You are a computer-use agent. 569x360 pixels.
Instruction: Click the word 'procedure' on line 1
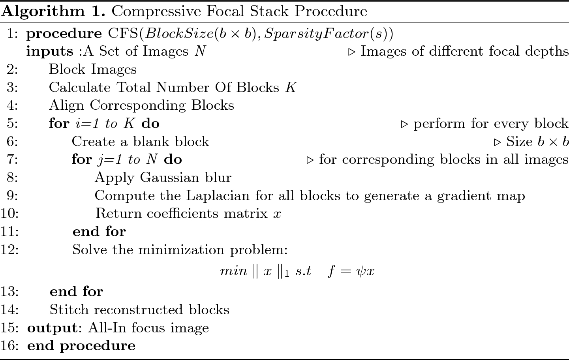click(x=64, y=34)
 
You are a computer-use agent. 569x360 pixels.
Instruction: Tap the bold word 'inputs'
click(x=50, y=51)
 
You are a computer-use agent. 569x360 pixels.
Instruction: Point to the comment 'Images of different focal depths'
click(x=464, y=51)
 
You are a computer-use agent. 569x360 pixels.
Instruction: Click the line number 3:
click(x=12, y=87)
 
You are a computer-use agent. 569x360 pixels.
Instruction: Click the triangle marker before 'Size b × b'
click(x=498, y=142)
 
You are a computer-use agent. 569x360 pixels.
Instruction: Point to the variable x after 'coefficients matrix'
click(x=277, y=214)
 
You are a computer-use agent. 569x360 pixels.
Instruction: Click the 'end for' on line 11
click(x=99, y=231)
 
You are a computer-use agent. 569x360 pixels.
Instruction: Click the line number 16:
click(x=10, y=346)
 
